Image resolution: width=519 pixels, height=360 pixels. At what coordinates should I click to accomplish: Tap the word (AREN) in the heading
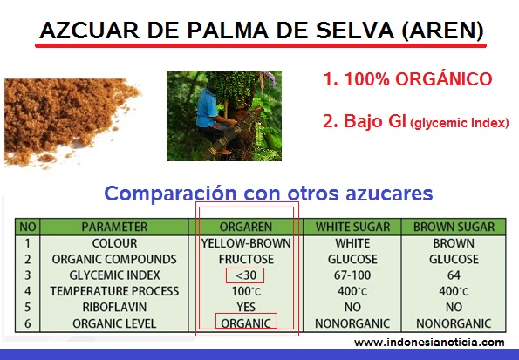(x=442, y=31)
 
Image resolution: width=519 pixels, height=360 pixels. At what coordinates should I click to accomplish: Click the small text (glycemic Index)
(x=460, y=123)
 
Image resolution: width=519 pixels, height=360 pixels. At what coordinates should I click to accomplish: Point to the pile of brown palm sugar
(x=66, y=119)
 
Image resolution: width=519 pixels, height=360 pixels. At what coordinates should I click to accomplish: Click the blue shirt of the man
(x=207, y=107)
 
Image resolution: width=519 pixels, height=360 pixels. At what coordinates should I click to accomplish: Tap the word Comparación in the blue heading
(x=170, y=194)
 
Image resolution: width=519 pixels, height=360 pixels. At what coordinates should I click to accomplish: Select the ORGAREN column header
(x=246, y=227)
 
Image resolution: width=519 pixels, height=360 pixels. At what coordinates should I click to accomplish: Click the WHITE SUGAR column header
(x=352, y=227)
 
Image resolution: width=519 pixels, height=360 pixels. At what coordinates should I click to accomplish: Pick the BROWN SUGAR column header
(x=454, y=227)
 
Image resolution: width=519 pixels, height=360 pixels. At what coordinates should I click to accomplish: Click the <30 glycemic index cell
(x=246, y=275)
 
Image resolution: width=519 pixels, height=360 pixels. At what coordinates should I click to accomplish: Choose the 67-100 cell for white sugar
(x=352, y=275)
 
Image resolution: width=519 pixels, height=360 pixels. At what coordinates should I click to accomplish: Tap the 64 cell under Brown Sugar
(x=454, y=275)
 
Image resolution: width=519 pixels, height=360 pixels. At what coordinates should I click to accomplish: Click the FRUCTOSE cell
(x=246, y=259)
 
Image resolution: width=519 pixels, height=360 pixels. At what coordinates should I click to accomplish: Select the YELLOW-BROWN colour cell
(x=246, y=243)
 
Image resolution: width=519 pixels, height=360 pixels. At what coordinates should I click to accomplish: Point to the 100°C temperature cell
(x=246, y=291)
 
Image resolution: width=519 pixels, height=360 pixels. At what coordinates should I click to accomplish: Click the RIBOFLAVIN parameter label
(x=114, y=307)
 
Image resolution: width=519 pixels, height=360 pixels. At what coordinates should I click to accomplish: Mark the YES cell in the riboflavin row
(x=246, y=307)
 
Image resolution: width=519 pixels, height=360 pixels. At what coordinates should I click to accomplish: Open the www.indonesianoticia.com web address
(x=429, y=343)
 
